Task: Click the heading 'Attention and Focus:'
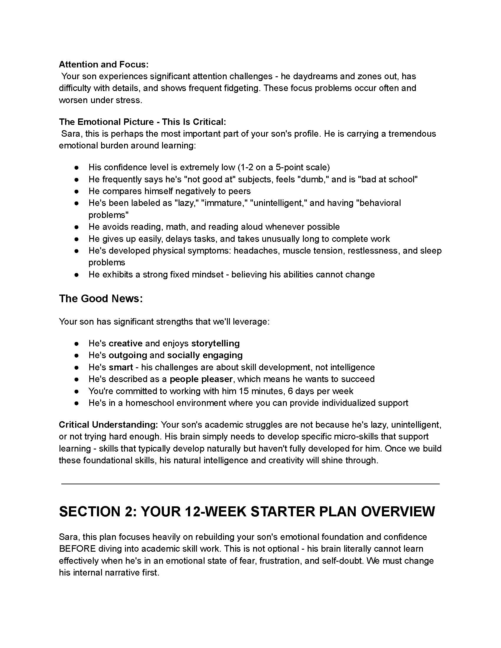point(103,65)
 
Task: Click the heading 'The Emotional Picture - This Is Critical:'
point(142,122)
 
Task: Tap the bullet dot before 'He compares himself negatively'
point(77,191)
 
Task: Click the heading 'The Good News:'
point(101,298)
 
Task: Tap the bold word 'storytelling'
point(215,343)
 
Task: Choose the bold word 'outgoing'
point(128,355)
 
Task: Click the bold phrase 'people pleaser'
point(201,379)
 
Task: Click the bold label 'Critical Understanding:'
point(108,424)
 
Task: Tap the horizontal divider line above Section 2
point(250,484)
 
